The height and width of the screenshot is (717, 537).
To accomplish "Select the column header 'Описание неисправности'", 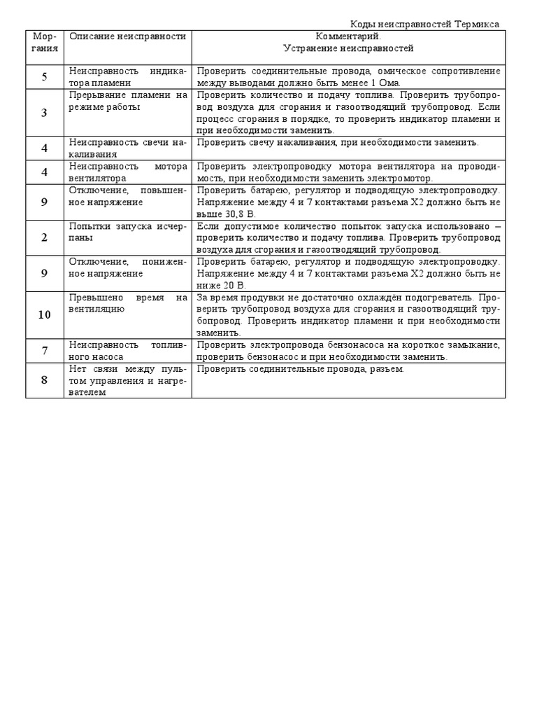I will click(x=128, y=36).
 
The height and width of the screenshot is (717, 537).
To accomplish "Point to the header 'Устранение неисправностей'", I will click(x=348, y=49).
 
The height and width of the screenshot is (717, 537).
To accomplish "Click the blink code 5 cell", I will click(x=45, y=77).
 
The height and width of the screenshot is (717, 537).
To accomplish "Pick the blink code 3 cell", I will click(x=45, y=113).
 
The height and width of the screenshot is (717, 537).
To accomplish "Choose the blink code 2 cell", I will click(x=45, y=237).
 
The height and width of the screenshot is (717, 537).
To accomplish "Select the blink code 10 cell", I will click(x=45, y=314).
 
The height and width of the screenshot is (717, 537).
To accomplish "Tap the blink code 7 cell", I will click(x=45, y=350).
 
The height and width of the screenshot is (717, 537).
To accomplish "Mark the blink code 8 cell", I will click(x=45, y=380).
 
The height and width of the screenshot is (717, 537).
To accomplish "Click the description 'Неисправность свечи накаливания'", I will click(x=128, y=148).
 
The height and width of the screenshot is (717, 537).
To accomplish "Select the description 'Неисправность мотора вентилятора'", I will click(x=128, y=172).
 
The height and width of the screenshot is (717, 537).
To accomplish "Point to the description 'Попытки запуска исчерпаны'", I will click(x=128, y=232).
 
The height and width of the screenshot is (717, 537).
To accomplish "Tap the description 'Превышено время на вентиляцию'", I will click(x=128, y=302).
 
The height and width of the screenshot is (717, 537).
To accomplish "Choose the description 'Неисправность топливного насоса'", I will click(x=128, y=350).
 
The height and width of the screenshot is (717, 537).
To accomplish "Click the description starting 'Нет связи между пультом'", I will click(x=128, y=380).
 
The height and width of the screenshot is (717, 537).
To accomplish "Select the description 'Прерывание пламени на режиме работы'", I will click(x=128, y=101).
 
